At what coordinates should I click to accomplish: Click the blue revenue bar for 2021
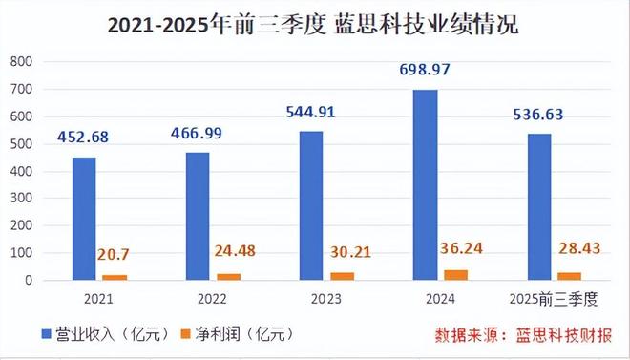[84, 219]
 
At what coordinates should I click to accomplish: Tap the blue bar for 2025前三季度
[539, 207]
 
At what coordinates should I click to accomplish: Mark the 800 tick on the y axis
[21, 61]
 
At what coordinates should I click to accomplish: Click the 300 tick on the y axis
[21, 199]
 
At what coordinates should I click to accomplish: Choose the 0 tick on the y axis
[29, 281]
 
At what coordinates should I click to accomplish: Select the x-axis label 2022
[211, 298]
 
